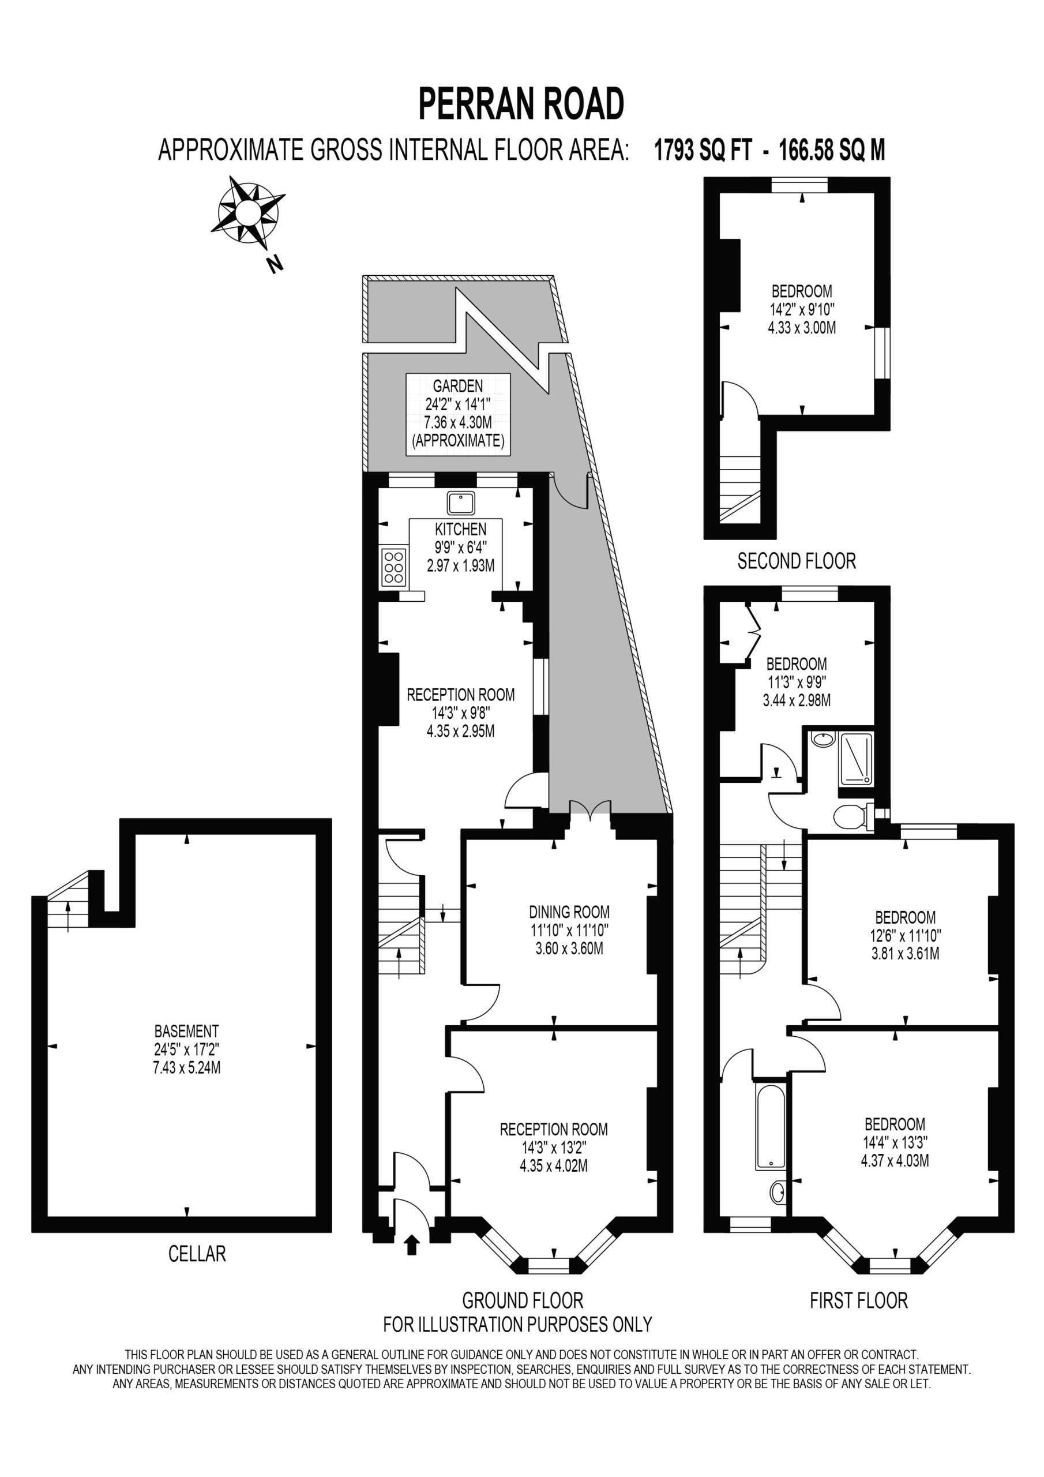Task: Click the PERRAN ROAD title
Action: (x=521, y=104)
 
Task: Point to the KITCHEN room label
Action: (x=460, y=530)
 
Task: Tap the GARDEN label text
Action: (x=457, y=386)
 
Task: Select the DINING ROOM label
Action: (x=569, y=912)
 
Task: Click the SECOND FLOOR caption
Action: (x=797, y=561)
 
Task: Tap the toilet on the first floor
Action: (x=853, y=817)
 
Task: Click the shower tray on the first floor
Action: (x=856, y=759)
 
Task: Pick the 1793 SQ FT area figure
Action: (x=703, y=151)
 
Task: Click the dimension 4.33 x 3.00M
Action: (x=802, y=328)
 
